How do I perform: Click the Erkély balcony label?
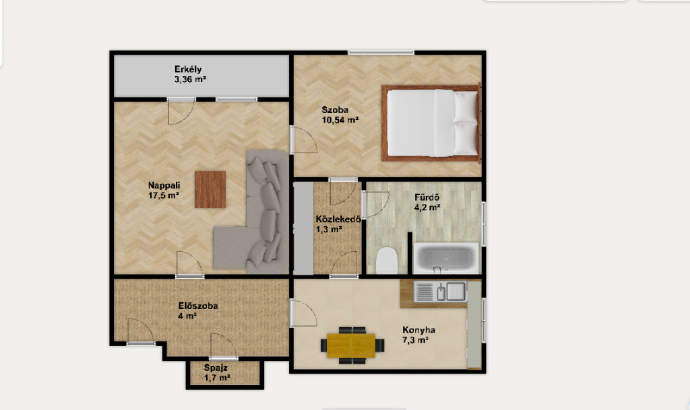(188, 69)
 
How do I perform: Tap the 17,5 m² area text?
(163, 195)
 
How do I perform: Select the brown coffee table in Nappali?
(210, 189)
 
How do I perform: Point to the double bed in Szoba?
(431, 123)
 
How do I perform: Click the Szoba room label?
(335, 110)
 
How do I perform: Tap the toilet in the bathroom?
(387, 260)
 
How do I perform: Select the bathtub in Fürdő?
(446, 258)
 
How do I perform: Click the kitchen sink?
(440, 292)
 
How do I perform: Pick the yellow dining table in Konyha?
(351, 345)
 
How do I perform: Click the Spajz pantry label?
(216, 368)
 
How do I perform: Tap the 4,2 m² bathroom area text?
(427, 207)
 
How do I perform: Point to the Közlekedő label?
(338, 219)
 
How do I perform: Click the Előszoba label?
(198, 306)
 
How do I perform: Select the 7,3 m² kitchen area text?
(415, 340)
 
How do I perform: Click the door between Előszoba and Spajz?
(224, 347)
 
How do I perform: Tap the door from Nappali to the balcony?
(181, 112)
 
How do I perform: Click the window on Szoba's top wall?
(381, 53)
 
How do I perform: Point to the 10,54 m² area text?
(340, 120)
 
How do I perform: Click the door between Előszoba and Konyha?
(303, 313)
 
